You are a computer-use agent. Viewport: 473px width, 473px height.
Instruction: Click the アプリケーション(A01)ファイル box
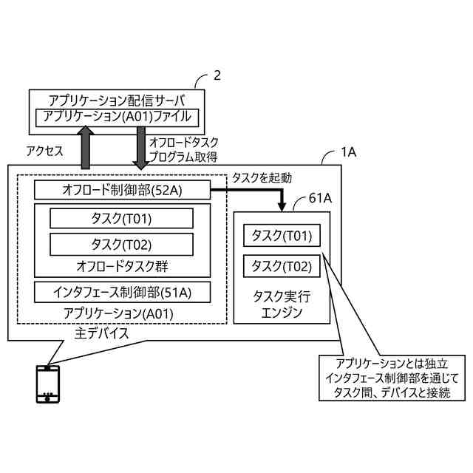[x=117, y=116]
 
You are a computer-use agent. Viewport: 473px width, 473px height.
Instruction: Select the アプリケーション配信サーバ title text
[x=117, y=100]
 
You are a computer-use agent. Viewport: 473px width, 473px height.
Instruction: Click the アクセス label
[x=44, y=149]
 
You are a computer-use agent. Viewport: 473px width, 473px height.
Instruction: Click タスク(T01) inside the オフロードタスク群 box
[x=122, y=218]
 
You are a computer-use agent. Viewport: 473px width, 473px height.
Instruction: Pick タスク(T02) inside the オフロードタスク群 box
[x=122, y=244]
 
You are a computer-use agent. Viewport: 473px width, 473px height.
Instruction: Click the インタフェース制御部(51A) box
[x=122, y=291]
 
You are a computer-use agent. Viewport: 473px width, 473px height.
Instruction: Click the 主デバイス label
[x=102, y=333]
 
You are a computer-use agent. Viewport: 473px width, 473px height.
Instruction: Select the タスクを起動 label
[x=262, y=177]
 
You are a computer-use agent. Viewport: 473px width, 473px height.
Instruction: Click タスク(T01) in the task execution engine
[x=282, y=236]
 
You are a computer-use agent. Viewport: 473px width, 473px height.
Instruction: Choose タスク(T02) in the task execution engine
[x=282, y=265]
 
